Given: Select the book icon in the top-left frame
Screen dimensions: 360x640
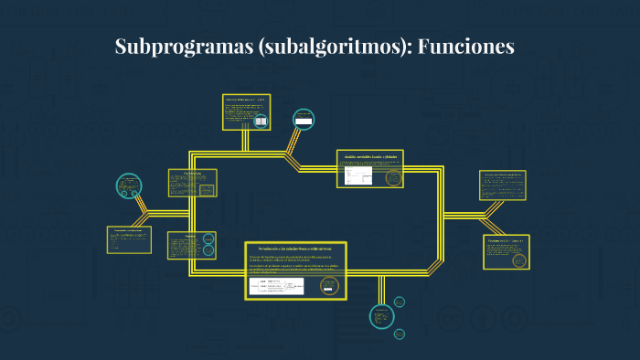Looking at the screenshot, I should [261, 121].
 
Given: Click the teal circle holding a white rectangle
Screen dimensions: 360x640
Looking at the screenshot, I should [304, 120].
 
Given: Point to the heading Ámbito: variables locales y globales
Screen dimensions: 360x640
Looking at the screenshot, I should [369, 157].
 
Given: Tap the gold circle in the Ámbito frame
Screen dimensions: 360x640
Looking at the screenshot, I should [394, 178].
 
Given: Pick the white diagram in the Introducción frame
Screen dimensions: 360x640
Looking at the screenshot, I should [277, 287].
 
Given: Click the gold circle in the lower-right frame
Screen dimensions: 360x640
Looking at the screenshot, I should [519, 259].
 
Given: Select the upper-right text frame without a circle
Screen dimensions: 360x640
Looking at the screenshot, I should [503, 185].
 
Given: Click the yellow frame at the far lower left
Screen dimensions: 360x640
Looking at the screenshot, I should [129, 239].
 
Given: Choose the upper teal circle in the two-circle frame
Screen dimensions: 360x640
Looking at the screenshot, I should [209, 240].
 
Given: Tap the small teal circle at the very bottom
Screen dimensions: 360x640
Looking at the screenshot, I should [399, 335].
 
